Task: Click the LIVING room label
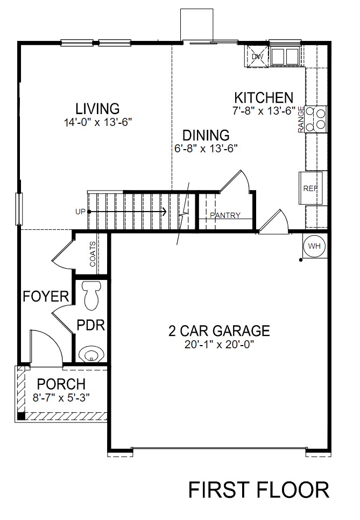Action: (97, 108)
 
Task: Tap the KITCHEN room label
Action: (264, 98)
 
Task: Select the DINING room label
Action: (206, 135)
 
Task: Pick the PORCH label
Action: (61, 384)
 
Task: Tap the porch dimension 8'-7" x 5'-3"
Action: (61, 397)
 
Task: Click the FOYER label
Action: (46, 296)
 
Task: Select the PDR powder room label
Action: (90, 326)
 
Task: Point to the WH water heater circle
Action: (314, 246)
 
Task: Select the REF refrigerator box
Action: (312, 188)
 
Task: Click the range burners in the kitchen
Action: (319, 118)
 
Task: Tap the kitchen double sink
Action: (285, 56)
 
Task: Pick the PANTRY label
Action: (225, 216)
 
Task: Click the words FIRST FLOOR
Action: (258, 490)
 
